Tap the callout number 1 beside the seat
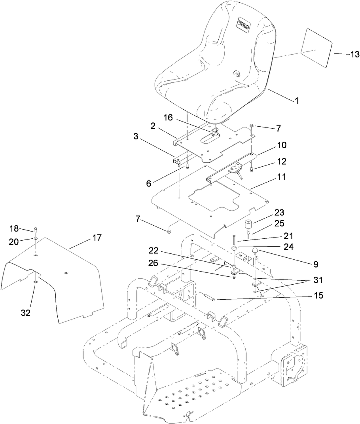click(296, 101)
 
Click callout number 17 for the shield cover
click(97, 238)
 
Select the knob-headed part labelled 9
click(255, 250)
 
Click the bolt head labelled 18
click(36, 230)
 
